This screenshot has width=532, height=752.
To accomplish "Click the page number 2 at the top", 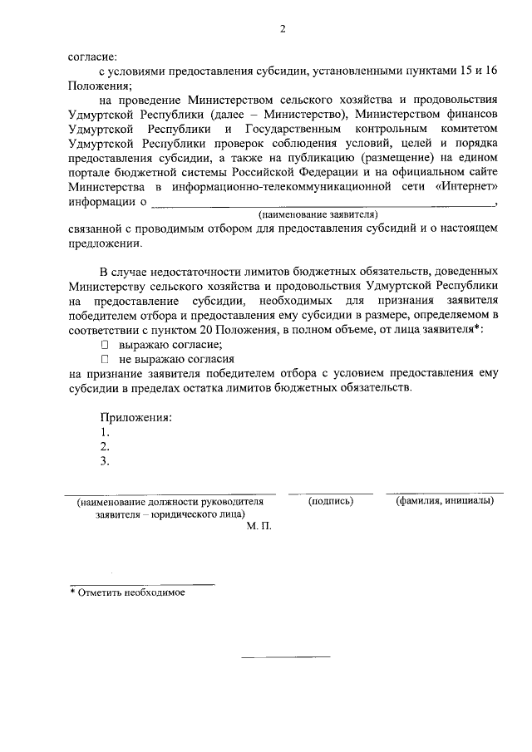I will coord(283,30).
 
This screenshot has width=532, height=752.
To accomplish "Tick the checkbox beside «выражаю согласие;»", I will coord(105,345).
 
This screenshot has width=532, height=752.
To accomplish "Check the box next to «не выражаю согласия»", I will coord(105,360).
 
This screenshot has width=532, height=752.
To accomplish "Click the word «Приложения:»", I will coord(135,417).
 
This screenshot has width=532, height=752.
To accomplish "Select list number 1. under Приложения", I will coord(104,432).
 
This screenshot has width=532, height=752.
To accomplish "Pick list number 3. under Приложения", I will coord(104,461).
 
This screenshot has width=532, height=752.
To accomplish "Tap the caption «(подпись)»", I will coord(331,501).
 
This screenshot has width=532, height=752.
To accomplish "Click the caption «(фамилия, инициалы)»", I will coord(446,501).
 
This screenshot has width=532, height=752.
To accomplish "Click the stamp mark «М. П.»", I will coord(259,527).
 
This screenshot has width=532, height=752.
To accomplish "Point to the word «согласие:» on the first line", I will coord(92,58).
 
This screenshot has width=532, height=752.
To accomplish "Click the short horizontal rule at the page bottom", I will coord(285,657).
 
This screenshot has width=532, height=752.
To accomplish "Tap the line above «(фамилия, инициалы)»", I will coord(445,494).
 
